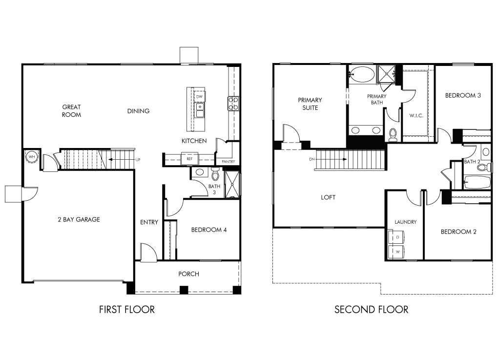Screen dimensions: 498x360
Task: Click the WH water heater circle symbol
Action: click(x=32, y=157)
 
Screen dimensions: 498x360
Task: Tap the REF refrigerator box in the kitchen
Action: click(x=189, y=159)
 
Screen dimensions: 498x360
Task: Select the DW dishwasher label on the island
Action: click(x=199, y=97)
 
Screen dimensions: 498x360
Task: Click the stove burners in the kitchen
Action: click(x=233, y=104)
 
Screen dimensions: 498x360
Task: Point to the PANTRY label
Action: click(x=228, y=162)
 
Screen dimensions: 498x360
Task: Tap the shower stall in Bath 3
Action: click(x=232, y=185)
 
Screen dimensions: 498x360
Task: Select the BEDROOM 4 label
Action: click(x=209, y=230)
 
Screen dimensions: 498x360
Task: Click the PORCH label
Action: click(x=188, y=274)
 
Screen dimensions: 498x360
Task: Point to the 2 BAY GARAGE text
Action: click(x=79, y=219)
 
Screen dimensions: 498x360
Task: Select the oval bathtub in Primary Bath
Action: click(x=362, y=75)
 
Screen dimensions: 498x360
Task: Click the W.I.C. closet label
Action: click(x=416, y=116)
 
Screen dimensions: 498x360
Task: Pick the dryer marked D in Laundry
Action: click(x=396, y=237)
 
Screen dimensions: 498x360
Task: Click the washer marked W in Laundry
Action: click(x=396, y=252)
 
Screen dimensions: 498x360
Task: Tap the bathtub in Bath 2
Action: click(x=477, y=182)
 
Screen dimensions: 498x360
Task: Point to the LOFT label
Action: click(x=328, y=197)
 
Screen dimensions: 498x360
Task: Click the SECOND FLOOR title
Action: click(x=371, y=309)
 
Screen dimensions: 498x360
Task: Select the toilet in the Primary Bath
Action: click(x=393, y=135)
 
